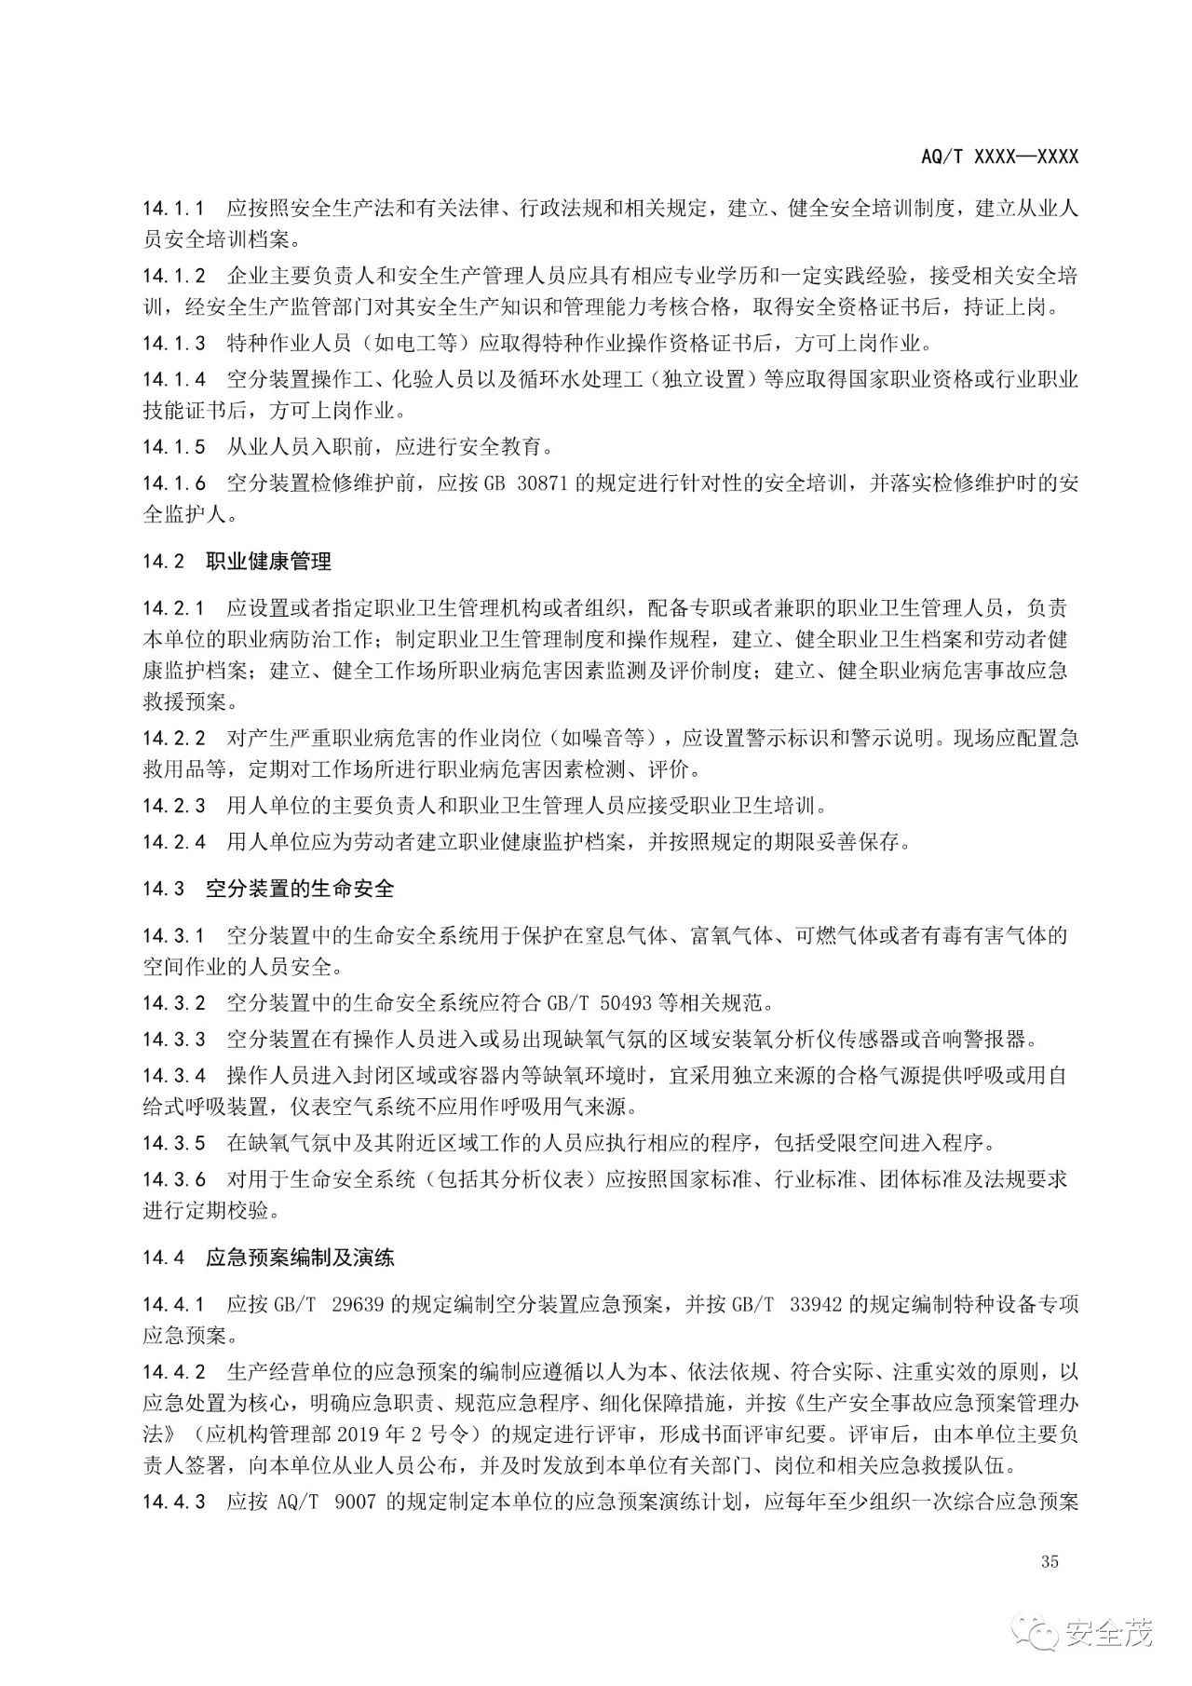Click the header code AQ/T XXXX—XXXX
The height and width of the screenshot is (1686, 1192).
[x=999, y=156]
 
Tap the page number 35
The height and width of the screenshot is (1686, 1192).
[x=1050, y=1562]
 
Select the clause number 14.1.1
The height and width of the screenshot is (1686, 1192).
[x=173, y=208]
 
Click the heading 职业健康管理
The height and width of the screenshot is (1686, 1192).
[x=268, y=562]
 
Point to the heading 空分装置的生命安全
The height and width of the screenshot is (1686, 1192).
[x=300, y=889]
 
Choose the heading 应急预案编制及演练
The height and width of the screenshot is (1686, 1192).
[x=300, y=1258]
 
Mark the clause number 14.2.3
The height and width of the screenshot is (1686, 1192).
[x=173, y=805]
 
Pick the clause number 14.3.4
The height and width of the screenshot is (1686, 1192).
[x=173, y=1075]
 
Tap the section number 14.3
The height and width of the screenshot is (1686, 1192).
[x=164, y=889]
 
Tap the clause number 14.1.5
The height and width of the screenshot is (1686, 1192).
[x=173, y=447]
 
